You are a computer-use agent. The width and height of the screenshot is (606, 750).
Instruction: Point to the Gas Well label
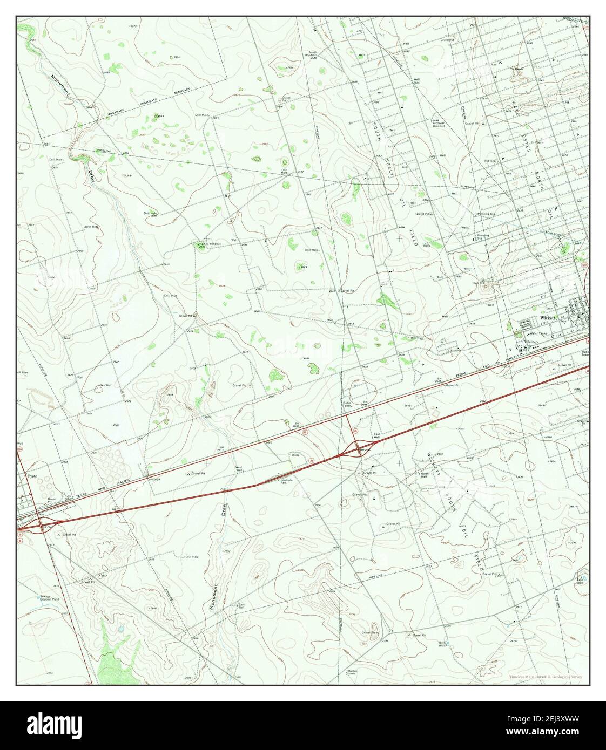coord(105,385)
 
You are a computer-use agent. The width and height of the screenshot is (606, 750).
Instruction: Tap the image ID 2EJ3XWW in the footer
coord(543,719)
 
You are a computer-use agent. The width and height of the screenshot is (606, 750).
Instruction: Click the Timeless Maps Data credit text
coord(545,677)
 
